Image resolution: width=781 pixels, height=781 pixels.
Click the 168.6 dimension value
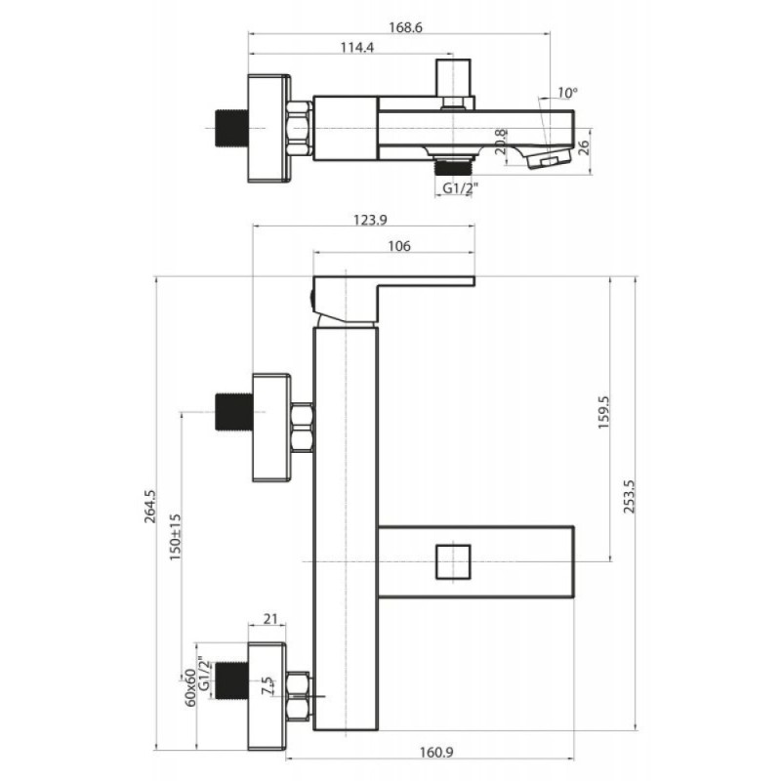405,27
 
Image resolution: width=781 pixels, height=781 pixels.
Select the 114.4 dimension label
356,47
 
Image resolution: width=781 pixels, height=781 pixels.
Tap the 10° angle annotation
567,93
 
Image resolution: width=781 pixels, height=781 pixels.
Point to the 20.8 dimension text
501,142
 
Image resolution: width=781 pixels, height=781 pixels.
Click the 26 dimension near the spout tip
583,148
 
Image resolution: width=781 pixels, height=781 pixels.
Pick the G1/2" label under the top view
460,188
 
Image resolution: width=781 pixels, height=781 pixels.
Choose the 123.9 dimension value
370,220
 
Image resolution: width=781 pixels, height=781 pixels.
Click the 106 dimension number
399,246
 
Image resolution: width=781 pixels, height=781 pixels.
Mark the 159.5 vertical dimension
603,412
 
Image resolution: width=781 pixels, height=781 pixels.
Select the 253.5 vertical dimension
629,497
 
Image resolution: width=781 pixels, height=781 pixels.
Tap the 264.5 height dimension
150,507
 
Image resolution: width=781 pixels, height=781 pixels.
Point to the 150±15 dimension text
175,538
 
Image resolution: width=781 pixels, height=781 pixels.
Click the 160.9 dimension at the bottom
436,752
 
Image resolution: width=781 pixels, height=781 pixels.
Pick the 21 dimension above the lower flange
270,619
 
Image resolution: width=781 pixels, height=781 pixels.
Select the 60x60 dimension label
190,687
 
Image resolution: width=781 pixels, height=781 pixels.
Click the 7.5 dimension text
267,686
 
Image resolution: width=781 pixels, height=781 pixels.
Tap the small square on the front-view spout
453,562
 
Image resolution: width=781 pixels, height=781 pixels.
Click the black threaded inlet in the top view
231,128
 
